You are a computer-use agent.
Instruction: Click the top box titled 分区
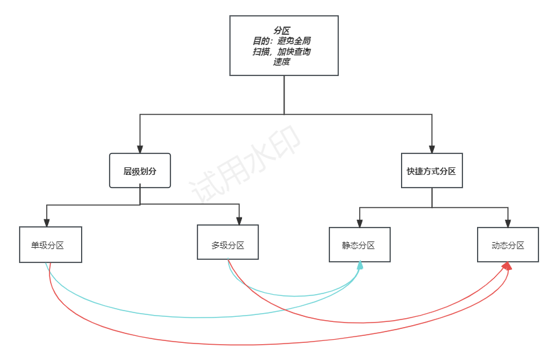pos(284,45)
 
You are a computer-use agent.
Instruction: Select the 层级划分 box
pos(140,170)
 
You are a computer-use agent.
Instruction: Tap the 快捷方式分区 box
pos(431,170)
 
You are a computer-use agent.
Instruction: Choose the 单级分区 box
pos(50,245)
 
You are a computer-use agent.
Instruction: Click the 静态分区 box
pos(359,245)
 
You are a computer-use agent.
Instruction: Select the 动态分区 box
pos(507,245)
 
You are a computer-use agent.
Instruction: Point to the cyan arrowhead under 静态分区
pos(360,266)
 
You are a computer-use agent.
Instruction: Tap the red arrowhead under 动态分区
pos(507,266)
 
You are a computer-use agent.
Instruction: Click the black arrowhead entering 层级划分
pos(140,149)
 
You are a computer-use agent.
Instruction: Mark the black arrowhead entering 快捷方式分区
pos(431,149)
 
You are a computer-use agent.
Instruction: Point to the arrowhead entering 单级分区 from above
pos(47,222)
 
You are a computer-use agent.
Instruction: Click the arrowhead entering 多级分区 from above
pos(239,221)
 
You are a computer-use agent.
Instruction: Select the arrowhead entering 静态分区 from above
pos(360,223)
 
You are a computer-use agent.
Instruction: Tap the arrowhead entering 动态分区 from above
pos(507,223)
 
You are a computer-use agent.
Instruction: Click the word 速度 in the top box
pos(282,62)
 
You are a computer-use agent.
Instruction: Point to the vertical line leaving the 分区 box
pos(284,95)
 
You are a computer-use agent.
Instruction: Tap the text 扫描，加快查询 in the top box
pos(282,52)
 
